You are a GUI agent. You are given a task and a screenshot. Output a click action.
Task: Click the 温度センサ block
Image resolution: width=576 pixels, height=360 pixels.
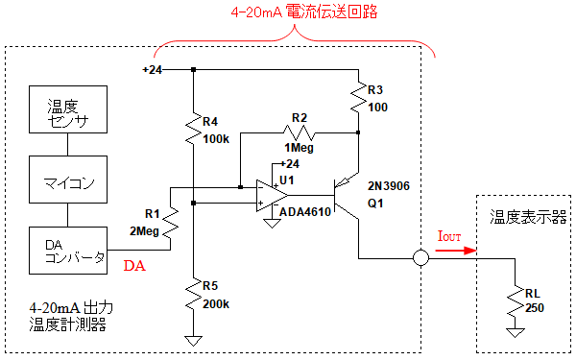coord(68,109)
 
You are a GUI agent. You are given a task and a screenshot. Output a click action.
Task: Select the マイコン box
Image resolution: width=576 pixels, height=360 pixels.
coord(68,180)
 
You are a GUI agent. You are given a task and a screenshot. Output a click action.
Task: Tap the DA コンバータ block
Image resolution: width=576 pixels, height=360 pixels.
coord(68,251)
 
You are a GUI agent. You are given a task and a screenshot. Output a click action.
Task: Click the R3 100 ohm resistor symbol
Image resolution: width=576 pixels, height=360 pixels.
coord(358,98)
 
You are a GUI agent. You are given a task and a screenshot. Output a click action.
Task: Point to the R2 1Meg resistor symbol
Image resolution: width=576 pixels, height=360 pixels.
coord(300,132)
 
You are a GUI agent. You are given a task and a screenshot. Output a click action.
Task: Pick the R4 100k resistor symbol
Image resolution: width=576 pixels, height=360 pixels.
coord(193,129)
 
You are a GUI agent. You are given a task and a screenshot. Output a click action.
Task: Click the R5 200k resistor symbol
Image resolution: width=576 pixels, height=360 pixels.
coord(193,295)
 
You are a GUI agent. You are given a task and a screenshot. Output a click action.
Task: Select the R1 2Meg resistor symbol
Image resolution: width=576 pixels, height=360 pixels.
coord(171,223)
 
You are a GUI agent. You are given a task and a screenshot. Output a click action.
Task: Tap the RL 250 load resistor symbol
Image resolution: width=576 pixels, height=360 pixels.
coord(515,301)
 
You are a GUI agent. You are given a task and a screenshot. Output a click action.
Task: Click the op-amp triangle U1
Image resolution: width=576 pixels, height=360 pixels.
coord(271,196)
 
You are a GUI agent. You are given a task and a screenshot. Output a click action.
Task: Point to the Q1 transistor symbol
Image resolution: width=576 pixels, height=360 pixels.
coord(346,195)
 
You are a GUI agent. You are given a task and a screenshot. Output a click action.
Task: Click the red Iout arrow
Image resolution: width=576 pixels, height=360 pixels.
coord(456,251)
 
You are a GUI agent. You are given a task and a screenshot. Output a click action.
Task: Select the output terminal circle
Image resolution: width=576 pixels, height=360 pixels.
coord(420,258)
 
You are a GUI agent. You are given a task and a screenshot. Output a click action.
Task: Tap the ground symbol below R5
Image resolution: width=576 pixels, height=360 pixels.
coord(193,340)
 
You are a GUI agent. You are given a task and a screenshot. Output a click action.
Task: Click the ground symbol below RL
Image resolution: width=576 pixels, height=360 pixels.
coord(515,332)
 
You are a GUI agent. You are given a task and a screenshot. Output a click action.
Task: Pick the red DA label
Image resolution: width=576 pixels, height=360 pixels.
coord(134,266)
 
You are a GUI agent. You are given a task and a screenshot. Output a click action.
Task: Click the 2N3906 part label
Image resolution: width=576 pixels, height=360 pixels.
coord(389,186)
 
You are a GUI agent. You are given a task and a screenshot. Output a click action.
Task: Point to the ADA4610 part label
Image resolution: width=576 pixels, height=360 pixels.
coord(305,212)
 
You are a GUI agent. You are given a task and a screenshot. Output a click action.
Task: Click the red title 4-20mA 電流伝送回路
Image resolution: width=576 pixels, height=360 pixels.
coord(304,12)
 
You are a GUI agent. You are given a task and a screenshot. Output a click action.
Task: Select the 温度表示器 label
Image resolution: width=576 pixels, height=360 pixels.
coord(528,217)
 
